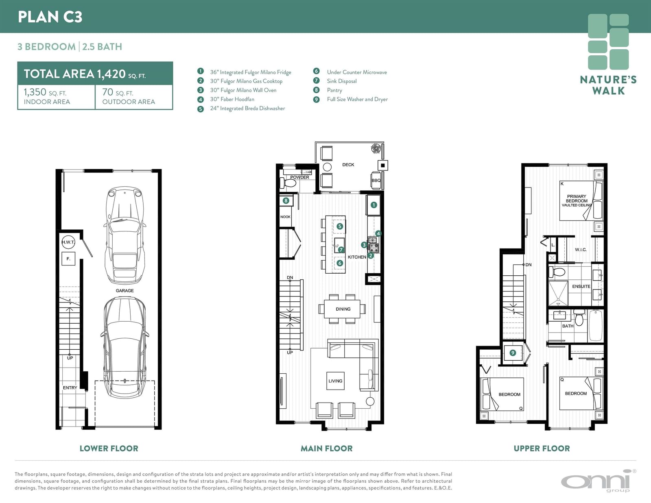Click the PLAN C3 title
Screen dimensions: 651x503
coord(50,17)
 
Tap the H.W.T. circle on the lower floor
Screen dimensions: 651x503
coord(68,242)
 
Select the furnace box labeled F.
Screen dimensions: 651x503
coord(68,259)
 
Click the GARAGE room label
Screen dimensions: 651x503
coord(125,290)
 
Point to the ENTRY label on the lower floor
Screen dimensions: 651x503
coord(70,388)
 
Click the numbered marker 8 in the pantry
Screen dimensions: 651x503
coord(286,200)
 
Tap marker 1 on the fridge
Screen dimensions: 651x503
coord(374,205)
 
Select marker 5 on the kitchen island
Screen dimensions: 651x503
coord(339,226)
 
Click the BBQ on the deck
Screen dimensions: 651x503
coord(376,180)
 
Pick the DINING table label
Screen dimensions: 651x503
coord(343,309)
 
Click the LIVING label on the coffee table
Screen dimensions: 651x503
coord(335,381)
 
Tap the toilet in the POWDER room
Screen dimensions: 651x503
coord(288,183)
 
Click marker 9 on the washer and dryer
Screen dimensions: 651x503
coord(513,353)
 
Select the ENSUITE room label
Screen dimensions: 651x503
coord(581,286)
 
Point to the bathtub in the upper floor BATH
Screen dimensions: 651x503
coord(596,325)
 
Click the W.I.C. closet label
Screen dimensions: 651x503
coord(581,249)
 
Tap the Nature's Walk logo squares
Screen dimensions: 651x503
coord(608,41)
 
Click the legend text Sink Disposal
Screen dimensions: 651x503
coord(342,81)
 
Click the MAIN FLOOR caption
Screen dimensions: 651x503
coord(327,448)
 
